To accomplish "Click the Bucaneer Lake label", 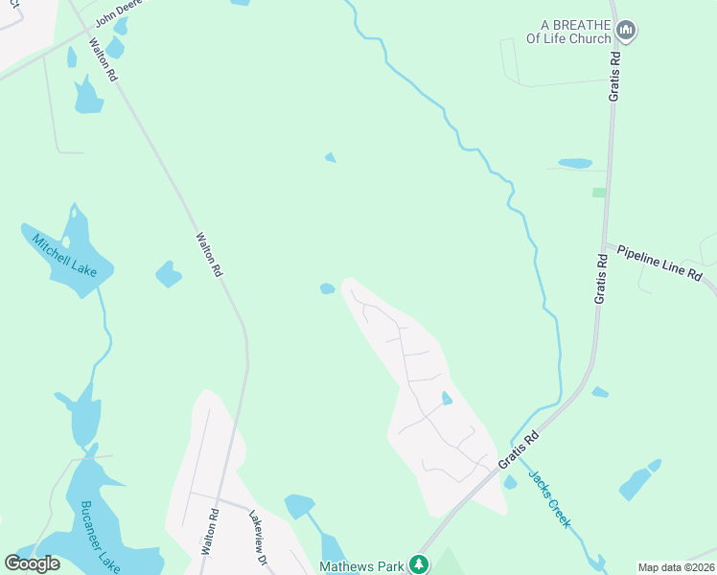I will pos(100,537).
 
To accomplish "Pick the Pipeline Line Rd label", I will pos(659,262).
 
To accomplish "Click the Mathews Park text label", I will pos(363,565).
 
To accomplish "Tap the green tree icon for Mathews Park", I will pos(418,564).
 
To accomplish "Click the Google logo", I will pos(33,563).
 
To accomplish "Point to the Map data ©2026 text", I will pos(676,567).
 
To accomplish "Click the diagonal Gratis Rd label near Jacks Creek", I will pos(519,449).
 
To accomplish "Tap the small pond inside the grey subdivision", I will pos(447,398).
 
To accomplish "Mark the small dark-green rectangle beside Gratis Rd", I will pos(599,193).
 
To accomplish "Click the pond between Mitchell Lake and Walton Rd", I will pos(169,274).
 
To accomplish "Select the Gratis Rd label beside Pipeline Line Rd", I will pos(601,279).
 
